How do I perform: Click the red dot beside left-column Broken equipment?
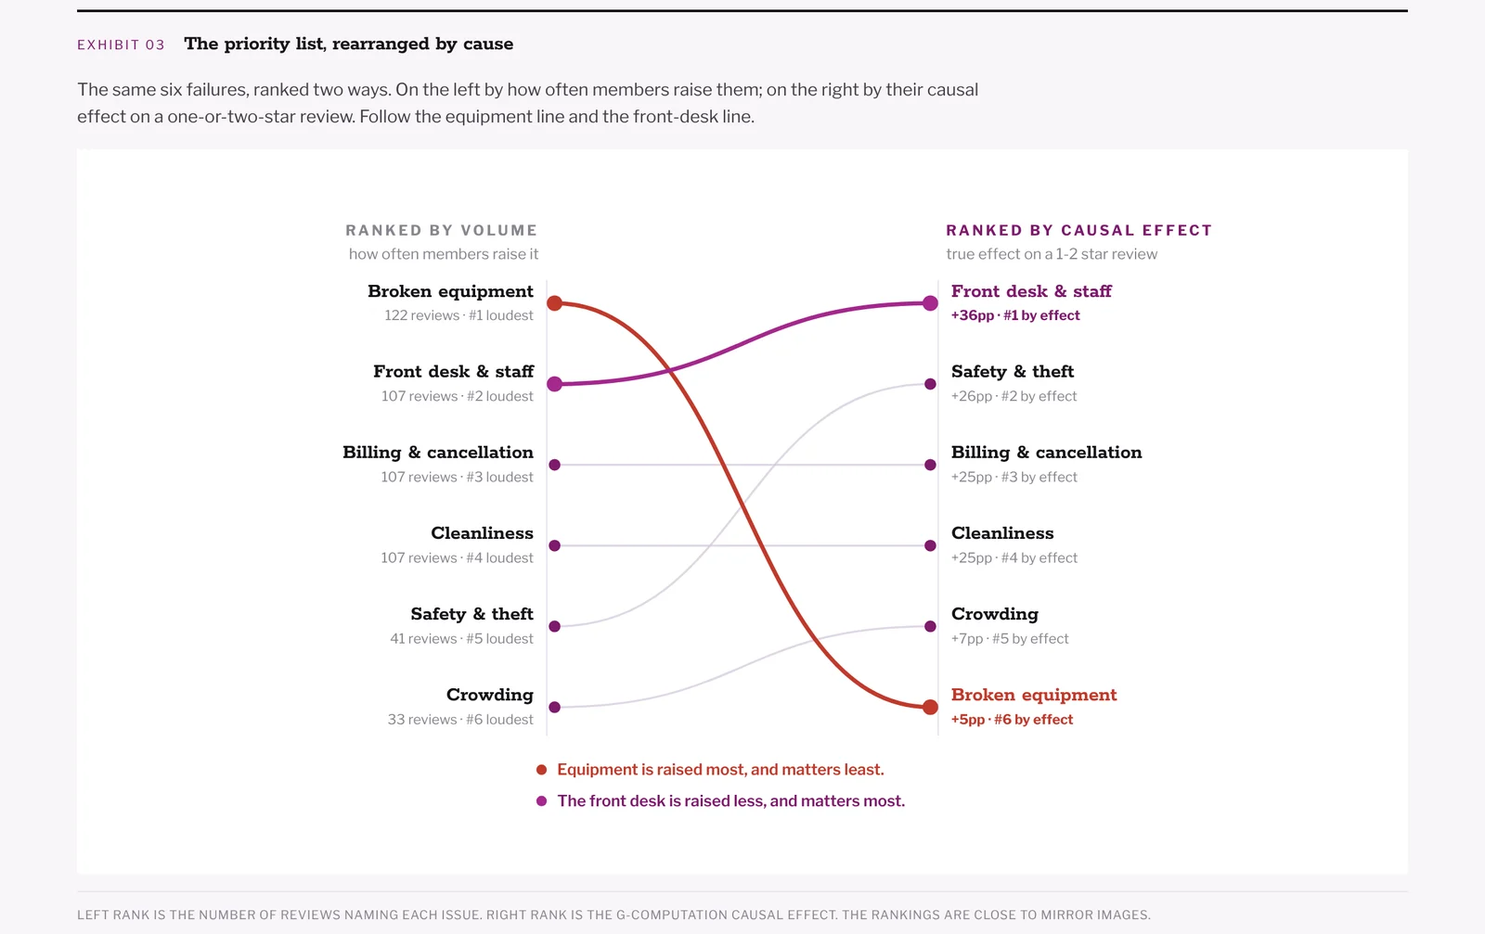pyautogui.click(x=555, y=303)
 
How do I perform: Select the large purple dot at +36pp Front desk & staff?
pyautogui.click(x=930, y=303)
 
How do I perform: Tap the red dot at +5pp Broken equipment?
pyautogui.click(x=930, y=707)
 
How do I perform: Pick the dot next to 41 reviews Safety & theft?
pyautogui.click(x=555, y=626)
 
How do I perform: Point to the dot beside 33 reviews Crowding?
pyautogui.click(x=555, y=707)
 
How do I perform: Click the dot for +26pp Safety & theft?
pyautogui.click(x=930, y=384)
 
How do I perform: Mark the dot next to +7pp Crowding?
pyautogui.click(x=930, y=626)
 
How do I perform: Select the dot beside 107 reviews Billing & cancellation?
pyautogui.click(x=555, y=465)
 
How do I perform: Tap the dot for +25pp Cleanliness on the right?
pyautogui.click(x=930, y=545)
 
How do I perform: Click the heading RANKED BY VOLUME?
pyautogui.click(x=442, y=231)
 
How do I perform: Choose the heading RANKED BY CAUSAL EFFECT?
pyautogui.click(x=1078, y=231)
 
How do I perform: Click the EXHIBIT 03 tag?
pyautogui.click(x=121, y=45)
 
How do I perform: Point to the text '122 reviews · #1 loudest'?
pyautogui.click(x=458, y=315)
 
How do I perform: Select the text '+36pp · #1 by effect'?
pyautogui.click(x=1015, y=315)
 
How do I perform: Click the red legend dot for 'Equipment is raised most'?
pyautogui.click(x=542, y=770)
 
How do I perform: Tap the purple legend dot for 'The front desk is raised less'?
pyautogui.click(x=542, y=800)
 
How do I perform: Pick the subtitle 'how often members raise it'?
pyautogui.click(x=444, y=254)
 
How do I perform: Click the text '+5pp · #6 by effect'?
pyautogui.click(x=1012, y=720)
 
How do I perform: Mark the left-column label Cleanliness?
pyautogui.click(x=482, y=533)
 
